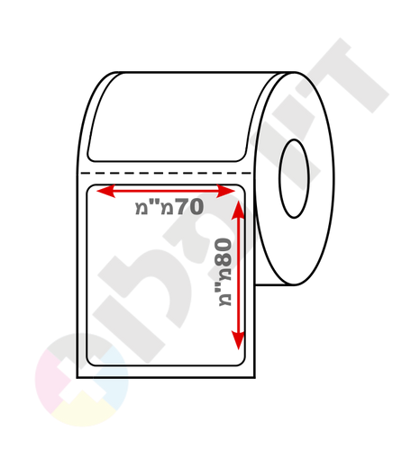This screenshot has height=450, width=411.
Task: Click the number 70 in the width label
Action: pyautogui.click(x=190, y=206)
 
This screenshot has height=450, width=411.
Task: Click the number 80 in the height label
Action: pyautogui.click(x=224, y=252)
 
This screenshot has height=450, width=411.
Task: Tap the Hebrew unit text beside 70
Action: pyautogui.click(x=155, y=206)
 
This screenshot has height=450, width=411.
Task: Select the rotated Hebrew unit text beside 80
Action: pyautogui.click(x=224, y=286)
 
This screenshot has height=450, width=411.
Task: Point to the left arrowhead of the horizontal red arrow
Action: pyautogui.click(x=105, y=191)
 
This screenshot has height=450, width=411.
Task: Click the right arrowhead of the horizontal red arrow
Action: pyautogui.click(x=225, y=191)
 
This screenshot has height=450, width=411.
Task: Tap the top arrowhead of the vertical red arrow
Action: pyautogui.click(x=239, y=210)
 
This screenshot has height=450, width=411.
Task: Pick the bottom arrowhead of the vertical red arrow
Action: pyautogui.click(x=239, y=340)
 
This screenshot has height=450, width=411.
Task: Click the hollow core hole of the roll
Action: pyautogui.click(x=294, y=179)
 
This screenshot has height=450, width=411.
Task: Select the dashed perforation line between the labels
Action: pyautogui.click(x=165, y=173)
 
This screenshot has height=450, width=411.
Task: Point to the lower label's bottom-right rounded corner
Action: pyautogui.click(x=242, y=364)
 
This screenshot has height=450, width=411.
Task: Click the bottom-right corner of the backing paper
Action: pyautogui.click(x=255, y=377)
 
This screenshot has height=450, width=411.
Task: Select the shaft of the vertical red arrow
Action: pyautogui.click(x=239, y=275)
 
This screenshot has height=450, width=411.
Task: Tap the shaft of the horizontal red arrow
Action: pyautogui.click(x=166, y=191)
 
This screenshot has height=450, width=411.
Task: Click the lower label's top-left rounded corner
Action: pyautogui.click(x=89, y=187)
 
